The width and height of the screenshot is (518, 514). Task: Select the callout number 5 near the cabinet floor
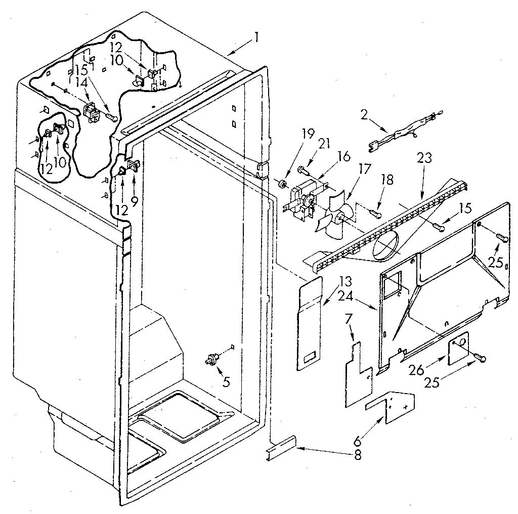226,382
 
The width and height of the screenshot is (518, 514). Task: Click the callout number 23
424,158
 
